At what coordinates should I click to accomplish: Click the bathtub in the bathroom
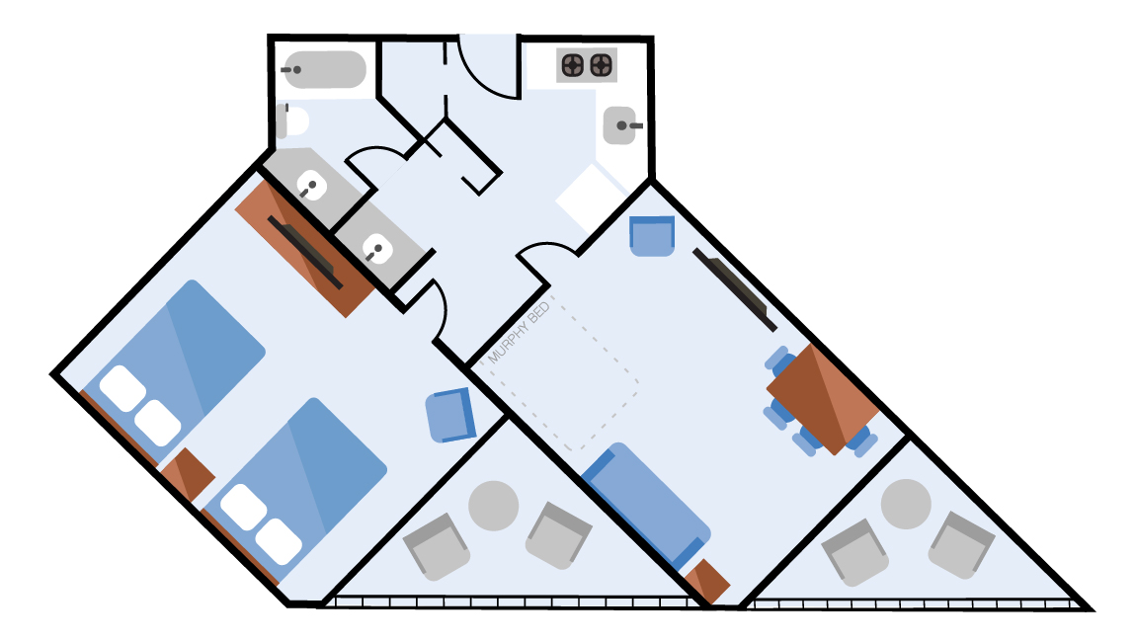[x=325, y=69]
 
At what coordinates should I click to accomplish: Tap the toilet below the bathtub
[x=292, y=121]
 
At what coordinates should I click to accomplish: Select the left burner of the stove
[x=573, y=66]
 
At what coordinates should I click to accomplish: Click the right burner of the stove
[x=602, y=66]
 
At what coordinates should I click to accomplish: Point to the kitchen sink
[x=620, y=125]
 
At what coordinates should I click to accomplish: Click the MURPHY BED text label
[x=519, y=333]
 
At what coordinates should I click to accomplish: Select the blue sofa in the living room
[x=646, y=505]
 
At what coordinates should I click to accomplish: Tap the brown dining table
[x=822, y=399]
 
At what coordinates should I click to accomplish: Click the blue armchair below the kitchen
[x=652, y=236]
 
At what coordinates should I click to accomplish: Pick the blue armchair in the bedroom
[x=450, y=415]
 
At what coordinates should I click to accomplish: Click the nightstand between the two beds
[x=187, y=474]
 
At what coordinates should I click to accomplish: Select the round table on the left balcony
[x=493, y=506]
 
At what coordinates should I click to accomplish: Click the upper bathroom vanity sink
[x=311, y=187]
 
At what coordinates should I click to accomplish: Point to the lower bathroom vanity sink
[x=376, y=250]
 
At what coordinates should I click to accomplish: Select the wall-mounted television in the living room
[x=735, y=289]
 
